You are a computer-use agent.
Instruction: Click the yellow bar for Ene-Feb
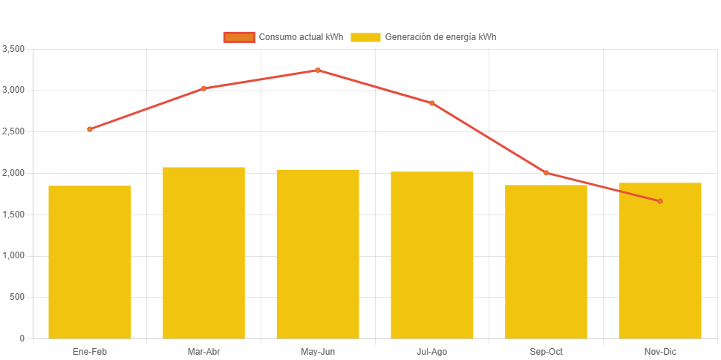click(x=90, y=262)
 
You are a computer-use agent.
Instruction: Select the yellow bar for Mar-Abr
click(x=203, y=252)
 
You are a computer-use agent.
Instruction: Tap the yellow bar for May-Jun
click(x=318, y=254)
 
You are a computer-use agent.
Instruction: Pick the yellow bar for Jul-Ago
click(x=431, y=255)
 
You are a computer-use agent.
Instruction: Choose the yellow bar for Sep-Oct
click(x=546, y=261)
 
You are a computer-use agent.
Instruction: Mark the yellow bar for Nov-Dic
click(x=659, y=261)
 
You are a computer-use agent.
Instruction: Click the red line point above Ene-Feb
click(x=90, y=129)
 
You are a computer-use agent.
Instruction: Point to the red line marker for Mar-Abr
click(x=203, y=88)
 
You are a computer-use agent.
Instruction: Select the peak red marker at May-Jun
click(x=318, y=71)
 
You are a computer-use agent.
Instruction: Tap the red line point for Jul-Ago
click(x=431, y=103)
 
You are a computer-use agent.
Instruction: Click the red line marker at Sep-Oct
click(x=546, y=173)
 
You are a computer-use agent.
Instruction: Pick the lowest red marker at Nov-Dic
click(x=659, y=201)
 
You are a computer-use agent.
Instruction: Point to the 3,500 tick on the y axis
click(x=14, y=49)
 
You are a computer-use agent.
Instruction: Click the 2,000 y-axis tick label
click(x=14, y=173)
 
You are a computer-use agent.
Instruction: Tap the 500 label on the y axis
click(x=18, y=297)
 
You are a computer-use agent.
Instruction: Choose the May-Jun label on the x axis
click(x=318, y=351)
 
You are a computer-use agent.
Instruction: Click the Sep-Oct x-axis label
click(x=546, y=351)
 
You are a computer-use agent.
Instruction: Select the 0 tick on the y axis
click(x=22, y=338)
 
